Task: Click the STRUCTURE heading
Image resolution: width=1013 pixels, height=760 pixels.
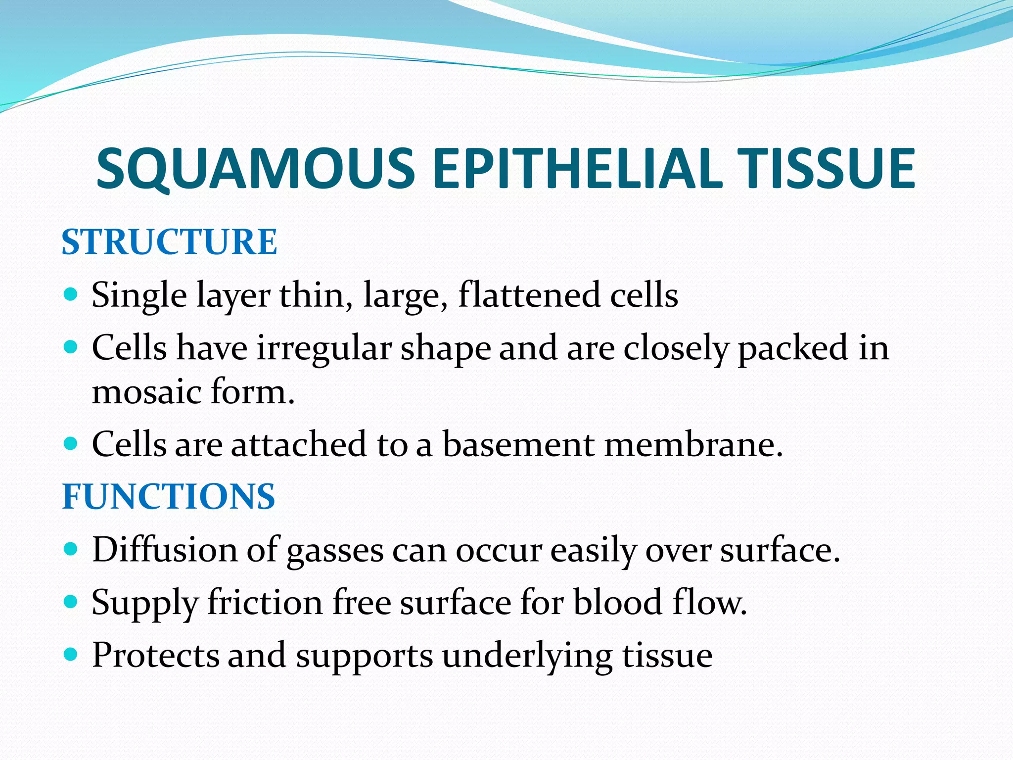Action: tap(169, 242)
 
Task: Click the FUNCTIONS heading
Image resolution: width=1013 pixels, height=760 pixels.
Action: tap(168, 496)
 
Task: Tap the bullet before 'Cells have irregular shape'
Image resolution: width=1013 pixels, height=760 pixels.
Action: tap(71, 348)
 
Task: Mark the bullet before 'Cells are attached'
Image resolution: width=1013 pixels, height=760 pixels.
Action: tap(71, 444)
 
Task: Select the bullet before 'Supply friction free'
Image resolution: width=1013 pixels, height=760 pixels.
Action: tap(71, 602)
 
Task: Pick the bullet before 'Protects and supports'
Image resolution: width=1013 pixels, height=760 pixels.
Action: tap(71, 655)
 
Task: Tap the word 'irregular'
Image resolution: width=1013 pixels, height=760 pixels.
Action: tap(324, 348)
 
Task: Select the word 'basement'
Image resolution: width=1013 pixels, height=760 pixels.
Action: tap(518, 444)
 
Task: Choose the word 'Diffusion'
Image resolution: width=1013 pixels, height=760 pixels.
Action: tap(165, 550)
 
